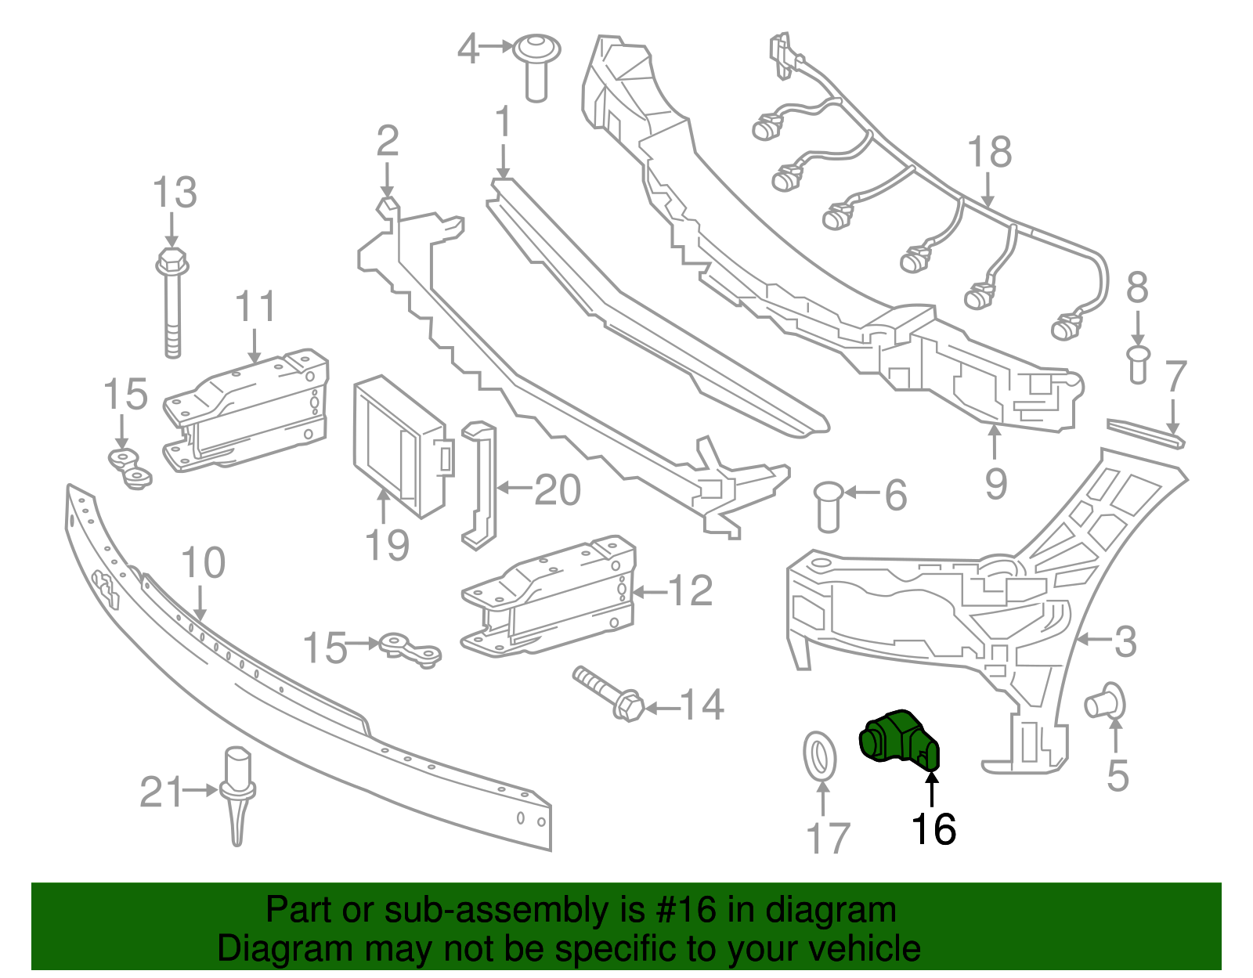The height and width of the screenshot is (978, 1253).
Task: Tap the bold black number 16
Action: click(x=933, y=829)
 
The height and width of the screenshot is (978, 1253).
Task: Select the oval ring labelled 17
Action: click(x=820, y=756)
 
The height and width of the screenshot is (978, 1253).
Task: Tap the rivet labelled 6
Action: click(x=828, y=507)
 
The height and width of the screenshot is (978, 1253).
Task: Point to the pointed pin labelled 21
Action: click(x=238, y=792)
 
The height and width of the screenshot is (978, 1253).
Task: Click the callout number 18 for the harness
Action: click(x=989, y=152)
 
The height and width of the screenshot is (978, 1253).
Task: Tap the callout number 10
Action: click(x=203, y=563)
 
